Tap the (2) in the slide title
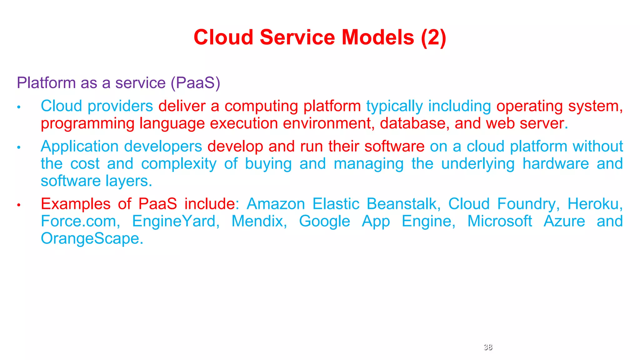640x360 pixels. pos(433,37)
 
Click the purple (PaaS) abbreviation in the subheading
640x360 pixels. pos(196,83)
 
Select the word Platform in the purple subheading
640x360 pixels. pos(46,83)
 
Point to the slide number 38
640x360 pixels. pos(488,347)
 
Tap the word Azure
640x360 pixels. pos(564,221)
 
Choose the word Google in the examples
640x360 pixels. pos(324,221)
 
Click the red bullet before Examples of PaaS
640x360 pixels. pos(19,205)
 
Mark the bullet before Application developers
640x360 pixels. pos(19,147)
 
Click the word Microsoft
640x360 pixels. pos(500,221)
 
